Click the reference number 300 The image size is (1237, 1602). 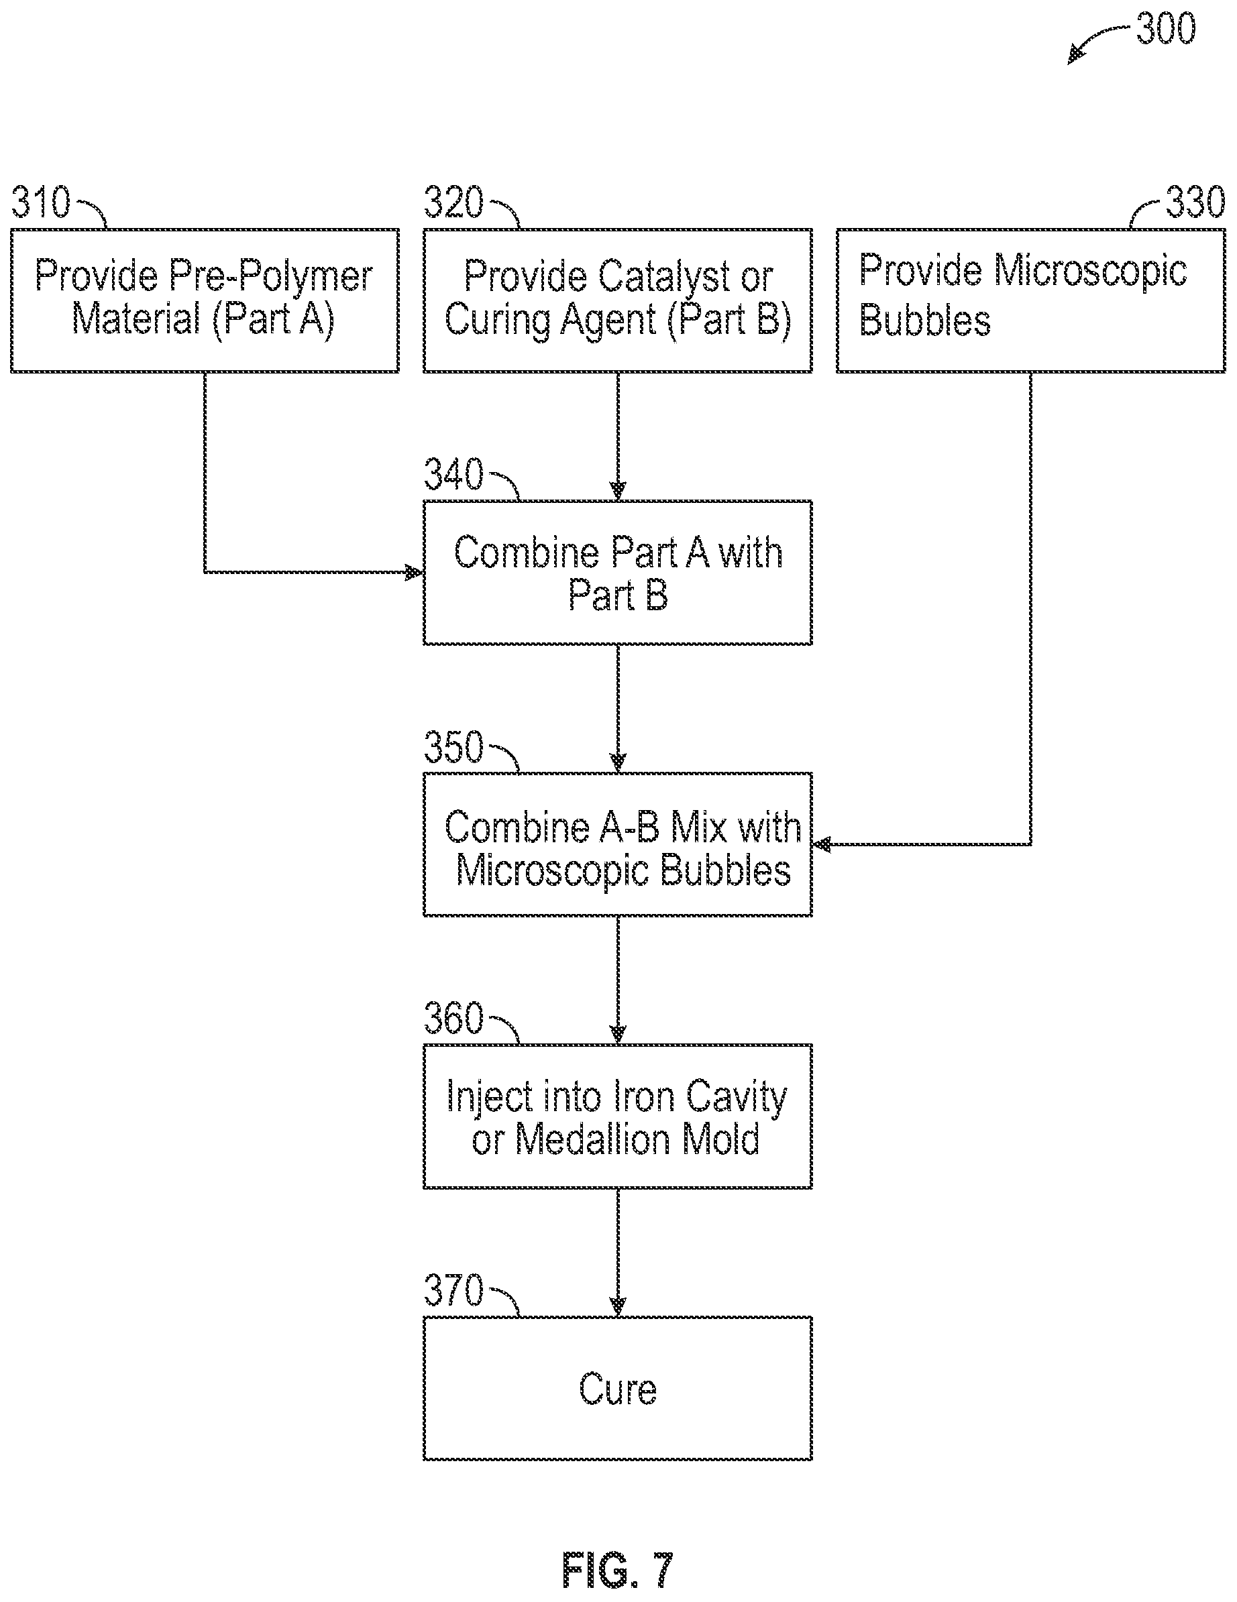point(1166,30)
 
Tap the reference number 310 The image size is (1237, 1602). point(41,203)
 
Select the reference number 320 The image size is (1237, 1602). point(454,203)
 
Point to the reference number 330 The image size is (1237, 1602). point(1196,203)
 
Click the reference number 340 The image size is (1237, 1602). point(454,475)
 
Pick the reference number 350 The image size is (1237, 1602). point(454,747)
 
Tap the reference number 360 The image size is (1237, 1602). point(454,1018)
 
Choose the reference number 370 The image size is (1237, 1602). point(454,1290)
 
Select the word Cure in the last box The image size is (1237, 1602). point(618,1389)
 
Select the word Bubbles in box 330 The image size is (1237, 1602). point(924,321)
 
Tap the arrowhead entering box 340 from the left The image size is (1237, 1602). point(415,572)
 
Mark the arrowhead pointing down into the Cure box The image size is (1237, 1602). point(618,1307)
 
